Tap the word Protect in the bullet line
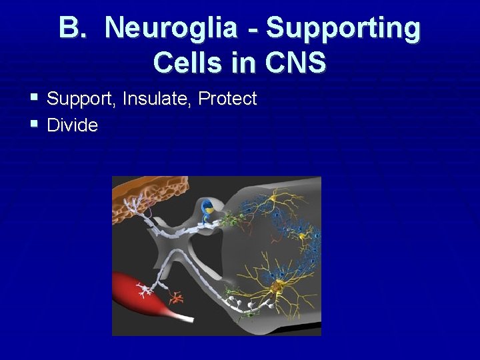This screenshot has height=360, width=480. (x=227, y=99)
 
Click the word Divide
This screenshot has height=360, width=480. (x=73, y=125)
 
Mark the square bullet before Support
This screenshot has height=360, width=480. (x=34, y=98)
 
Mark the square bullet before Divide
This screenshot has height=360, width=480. (x=34, y=124)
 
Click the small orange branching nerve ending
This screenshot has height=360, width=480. (x=177, y=295)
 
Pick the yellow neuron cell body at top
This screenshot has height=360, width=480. (x=274, y=198)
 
